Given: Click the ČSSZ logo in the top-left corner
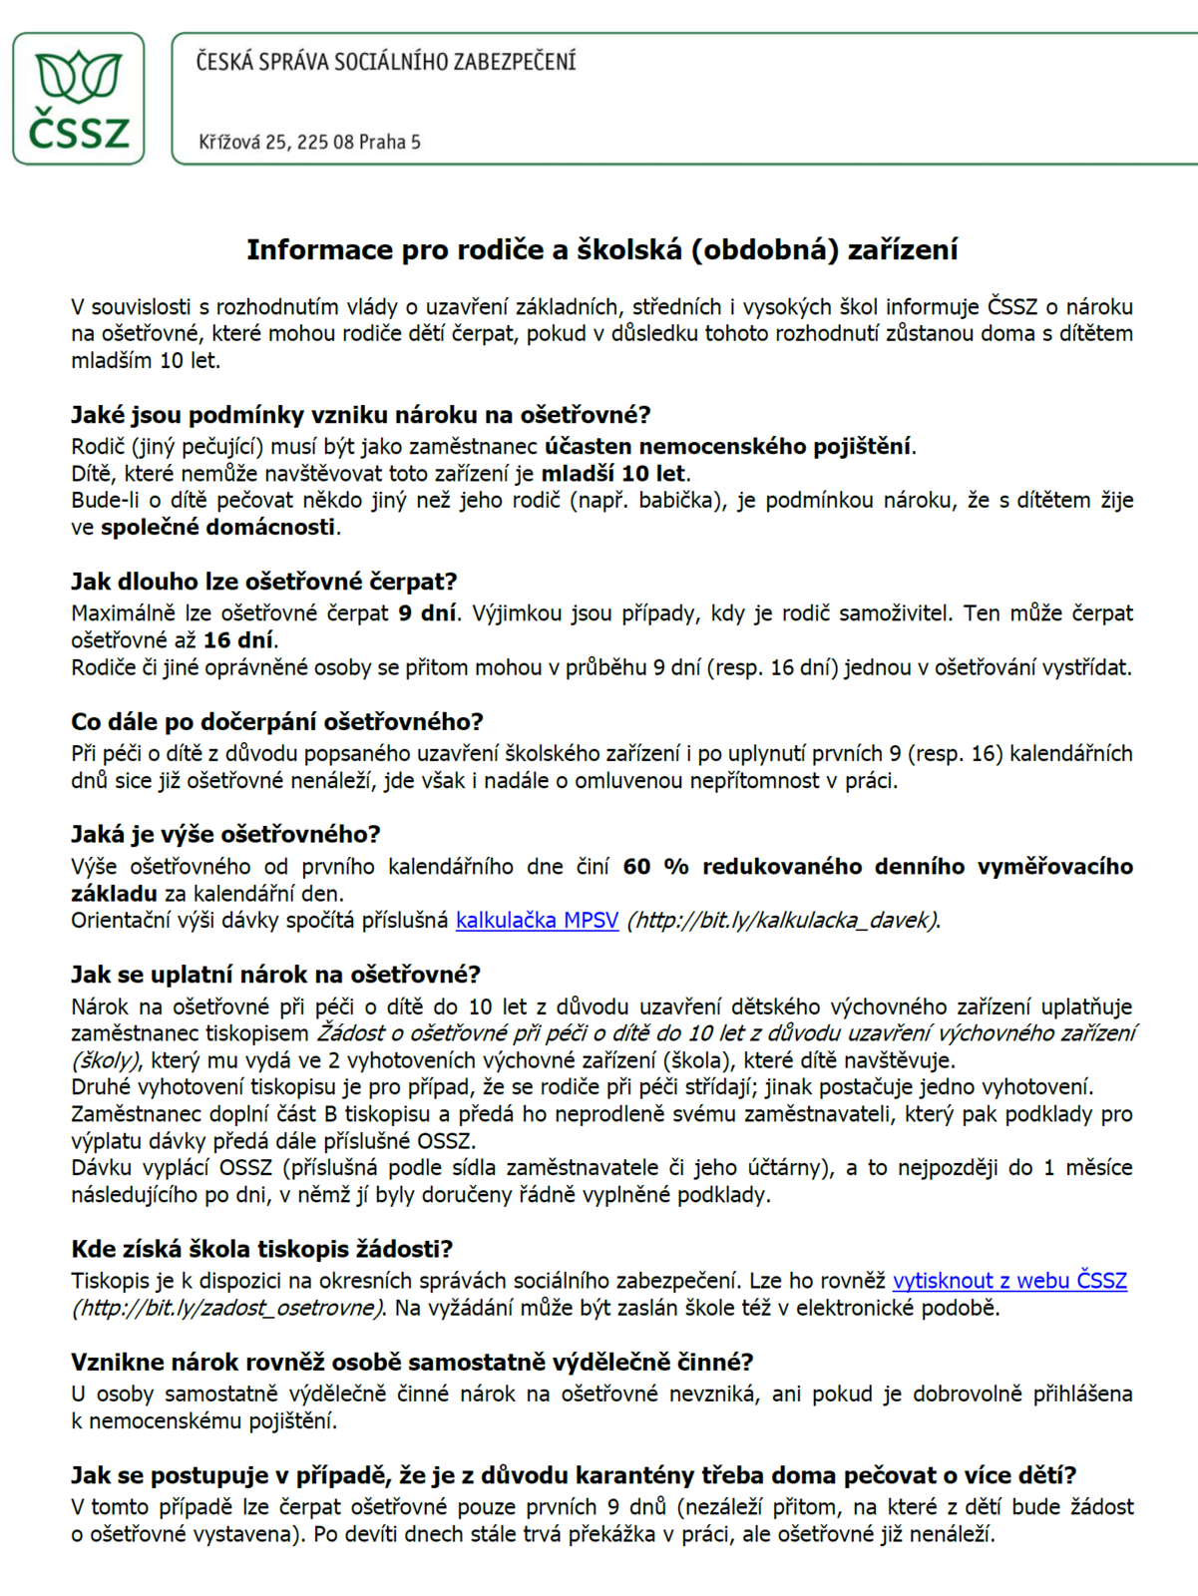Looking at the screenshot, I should pos(78,99).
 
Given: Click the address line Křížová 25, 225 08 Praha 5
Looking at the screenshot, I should pos(309,142).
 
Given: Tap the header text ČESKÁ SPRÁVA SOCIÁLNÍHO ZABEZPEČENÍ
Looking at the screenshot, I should pos(385,62).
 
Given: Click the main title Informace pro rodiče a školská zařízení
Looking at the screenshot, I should pos(601,249).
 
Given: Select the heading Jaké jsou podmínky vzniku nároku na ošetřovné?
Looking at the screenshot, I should pos(360,415).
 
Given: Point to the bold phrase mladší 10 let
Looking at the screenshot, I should pos(614,473).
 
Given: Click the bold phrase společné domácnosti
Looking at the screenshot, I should pos(217,527).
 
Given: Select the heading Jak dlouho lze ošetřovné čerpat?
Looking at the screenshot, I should pos(263,582).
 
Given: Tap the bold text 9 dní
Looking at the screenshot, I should pos(427,612).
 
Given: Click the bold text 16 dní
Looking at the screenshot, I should pos(239,639).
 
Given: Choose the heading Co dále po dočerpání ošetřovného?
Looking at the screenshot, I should pos(276,721).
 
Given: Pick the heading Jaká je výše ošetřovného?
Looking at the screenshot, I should pos(225,834).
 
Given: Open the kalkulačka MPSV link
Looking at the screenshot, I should pos(537,920).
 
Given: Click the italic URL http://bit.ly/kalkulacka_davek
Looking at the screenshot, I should pos(783,920).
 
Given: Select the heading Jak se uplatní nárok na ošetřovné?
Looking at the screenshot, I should pos(275,974).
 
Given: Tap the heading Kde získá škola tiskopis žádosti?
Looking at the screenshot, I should pos(261,1249).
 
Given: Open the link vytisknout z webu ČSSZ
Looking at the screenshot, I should pos(1009,1281).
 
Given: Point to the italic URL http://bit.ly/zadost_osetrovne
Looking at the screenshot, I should pos(228,1308).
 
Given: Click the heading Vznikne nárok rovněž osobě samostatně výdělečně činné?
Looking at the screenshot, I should pos(412,1362).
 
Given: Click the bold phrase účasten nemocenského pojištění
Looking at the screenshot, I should pos(728,446).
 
